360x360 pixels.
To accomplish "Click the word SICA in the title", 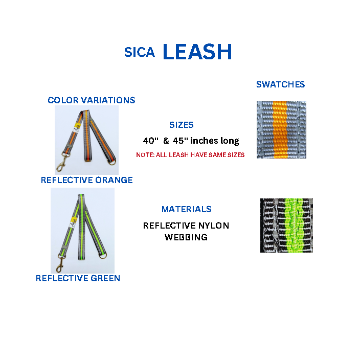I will pyautogui.click(x=139, y=52).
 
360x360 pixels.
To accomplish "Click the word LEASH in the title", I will pyautogui.click(x=197, y=52).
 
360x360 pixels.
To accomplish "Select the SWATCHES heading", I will pyautogui.click(x=280, y=84).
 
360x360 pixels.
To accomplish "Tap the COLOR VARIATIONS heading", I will pyautogui.click(x=92, y=100).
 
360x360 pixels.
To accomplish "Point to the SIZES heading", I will pyautogui.click(x=181, y=125).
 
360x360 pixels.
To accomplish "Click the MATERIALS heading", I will pyautogui.click(x=186, y=209).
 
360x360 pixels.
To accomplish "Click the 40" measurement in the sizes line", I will pyautogui.click(x=150, y=141).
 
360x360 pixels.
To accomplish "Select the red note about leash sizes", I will pyautogui.click(x=190, y=154).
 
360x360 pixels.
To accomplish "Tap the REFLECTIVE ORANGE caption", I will pyautogui.click(x=86, y=180).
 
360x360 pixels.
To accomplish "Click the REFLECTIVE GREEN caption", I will pyautogui.click(x=78, y=278).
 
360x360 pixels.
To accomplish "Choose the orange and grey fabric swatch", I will pyautogui.click(x=281, y=130).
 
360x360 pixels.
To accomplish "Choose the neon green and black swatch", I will pyautogui.click(x=286, y=226).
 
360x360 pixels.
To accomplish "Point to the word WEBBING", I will pyautogui.click(x=186, y=237).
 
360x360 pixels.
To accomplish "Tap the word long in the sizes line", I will pyautogui.click(x=230, y=141).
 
